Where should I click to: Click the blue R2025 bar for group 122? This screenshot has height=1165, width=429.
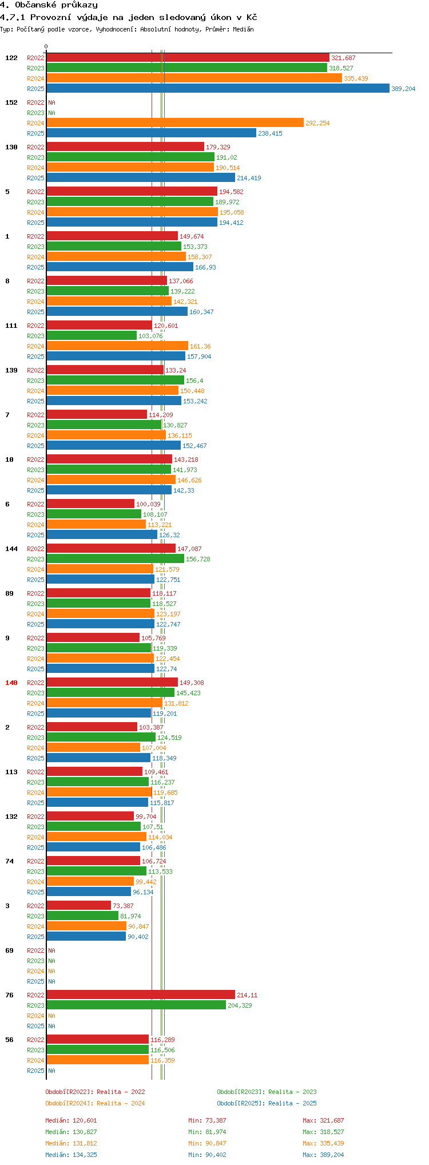tap(217, 89)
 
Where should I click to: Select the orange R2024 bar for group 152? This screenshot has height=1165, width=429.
tap(174, 123)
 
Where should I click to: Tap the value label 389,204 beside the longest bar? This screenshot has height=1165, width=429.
tap(403, 89)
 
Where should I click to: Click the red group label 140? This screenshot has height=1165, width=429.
tap(11, 683)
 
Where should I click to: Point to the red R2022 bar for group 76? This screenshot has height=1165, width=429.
tap(140, 995)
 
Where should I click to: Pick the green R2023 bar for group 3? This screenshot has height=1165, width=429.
tap(82, 916)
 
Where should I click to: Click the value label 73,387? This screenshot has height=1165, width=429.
tap(123, 906)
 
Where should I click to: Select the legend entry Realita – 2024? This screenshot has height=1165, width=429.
tap(95, 1103)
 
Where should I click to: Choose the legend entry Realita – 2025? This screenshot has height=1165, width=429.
tap(267, 1103)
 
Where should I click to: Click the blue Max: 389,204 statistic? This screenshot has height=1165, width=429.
tap(323, 1155)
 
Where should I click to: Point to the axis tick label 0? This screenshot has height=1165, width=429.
tap(46, 47)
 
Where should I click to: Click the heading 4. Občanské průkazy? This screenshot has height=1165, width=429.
tap(49, 5)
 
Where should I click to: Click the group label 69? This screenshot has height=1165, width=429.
tap(9, 950)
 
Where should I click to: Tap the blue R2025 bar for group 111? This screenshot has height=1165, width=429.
tap(116, 356)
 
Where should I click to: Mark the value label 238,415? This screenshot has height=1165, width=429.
tap(270, 133)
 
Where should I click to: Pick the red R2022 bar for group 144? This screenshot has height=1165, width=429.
tap(111, 549)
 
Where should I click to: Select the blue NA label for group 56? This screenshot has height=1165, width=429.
tap(51, 1071)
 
